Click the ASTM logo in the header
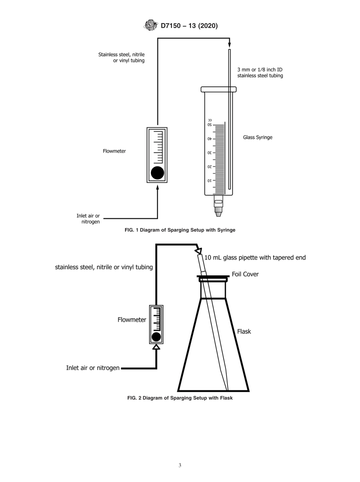coord(151,26)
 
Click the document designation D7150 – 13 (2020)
coord(189,26)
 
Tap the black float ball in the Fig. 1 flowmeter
coord(157,173)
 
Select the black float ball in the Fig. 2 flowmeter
coord(156,337)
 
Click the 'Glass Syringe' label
coord(257,138)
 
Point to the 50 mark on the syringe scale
coord(209,125)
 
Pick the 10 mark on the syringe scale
coord(209,181)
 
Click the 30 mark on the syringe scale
coord(209,153)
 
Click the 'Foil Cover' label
coord(245,274)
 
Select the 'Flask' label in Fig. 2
coord(244,332)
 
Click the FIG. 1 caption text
coord(180,230)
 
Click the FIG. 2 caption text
coord(180,398)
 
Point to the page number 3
coord(180,465)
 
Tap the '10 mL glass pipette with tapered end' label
coord(255,258)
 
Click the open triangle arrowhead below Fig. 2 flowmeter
coord(156,347)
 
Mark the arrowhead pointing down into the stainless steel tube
coord(229,45)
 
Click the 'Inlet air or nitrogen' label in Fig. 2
coord(93,368)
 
